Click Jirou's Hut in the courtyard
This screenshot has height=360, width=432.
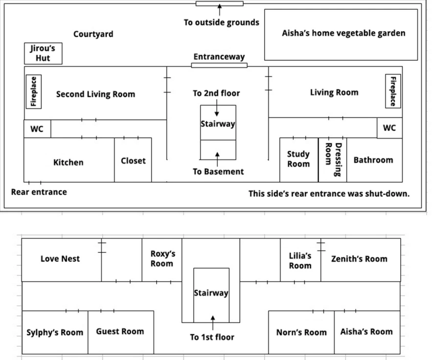point(43,53)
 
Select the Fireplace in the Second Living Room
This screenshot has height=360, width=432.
point(34,91)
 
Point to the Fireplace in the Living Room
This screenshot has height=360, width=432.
point(393,90)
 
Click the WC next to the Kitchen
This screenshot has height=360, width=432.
point(37,129)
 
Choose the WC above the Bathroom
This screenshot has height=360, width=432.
point(389,128)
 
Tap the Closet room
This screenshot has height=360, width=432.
point(133,160)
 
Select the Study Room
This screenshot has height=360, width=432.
point(298,159)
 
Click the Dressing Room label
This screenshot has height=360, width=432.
point(333,159)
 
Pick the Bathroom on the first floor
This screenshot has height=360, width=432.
point(373,160)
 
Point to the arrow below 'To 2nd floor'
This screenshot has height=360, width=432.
point(217,108)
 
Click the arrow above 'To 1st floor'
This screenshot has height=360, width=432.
point(212,323)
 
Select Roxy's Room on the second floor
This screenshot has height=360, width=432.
point(162,259)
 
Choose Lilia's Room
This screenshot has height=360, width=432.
point(300,261)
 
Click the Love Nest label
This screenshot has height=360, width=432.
point(60,259)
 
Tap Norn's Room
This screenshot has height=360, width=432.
point(301,332)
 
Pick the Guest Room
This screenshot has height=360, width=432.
point(120,331)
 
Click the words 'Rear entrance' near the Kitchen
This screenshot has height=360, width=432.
point(39,192)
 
